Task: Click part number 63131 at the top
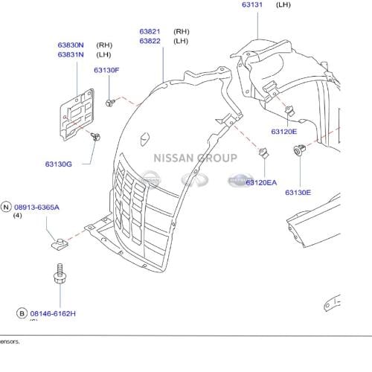click(x=252, y=4)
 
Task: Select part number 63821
click(x=150, y=31)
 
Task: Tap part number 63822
click(x=150, y=41)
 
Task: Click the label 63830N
click(x=71, y=45)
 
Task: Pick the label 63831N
click(x=71, y=54)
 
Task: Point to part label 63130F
click(x=106, y=70)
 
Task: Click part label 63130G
click(x=58, y=164)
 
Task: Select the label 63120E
click(x=283, y=132)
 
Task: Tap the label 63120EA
click(x=261, y=182)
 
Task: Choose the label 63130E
click(x=298, y=193)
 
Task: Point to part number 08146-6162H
click(x=54, y=315)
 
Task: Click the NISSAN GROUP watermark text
click(x=195, y=157)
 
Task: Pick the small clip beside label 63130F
click(x=109, y=100)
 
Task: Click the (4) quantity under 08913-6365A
click(x=18, y=216)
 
